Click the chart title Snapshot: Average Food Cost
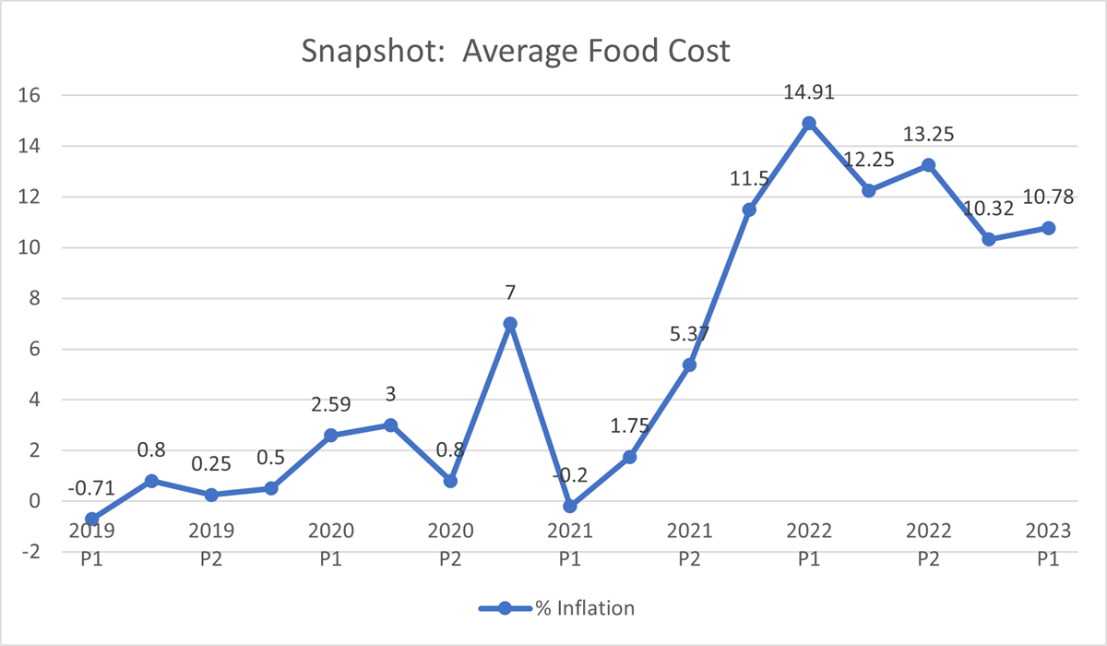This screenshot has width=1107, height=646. [516, 51]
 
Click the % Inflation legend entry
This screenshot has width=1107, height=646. [556, 607]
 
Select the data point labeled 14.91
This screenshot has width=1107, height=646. [809, 123]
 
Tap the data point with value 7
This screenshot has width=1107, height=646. [510, 324]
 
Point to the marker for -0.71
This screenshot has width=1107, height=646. [91, 520]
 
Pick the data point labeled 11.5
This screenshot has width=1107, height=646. [749, 209]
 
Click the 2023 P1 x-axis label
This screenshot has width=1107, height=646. [1048, 544]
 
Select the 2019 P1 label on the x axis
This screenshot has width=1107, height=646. [91, 544]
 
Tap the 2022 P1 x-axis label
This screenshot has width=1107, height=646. [809, 544]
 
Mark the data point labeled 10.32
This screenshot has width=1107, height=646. [989, 239]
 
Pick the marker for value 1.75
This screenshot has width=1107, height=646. [629, 457]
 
